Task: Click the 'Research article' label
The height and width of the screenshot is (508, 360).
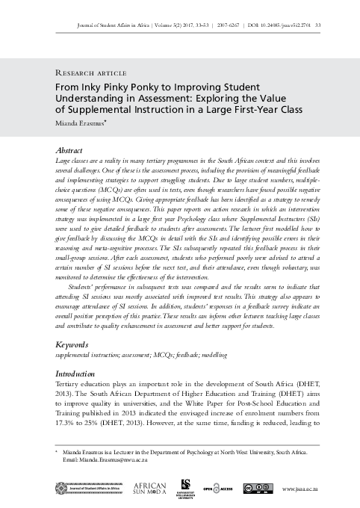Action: [88, 72]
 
